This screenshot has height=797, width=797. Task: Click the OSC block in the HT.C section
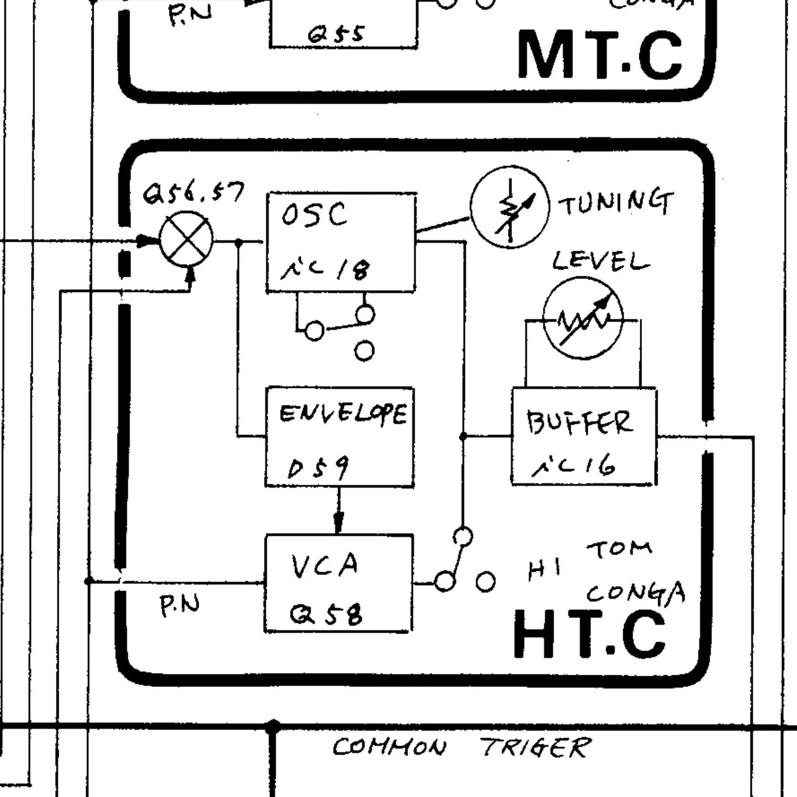click(341, 242)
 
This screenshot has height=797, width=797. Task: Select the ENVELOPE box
click(340, 437)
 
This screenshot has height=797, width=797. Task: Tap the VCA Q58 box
click(339, 583)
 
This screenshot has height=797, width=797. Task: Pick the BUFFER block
click(584, 437)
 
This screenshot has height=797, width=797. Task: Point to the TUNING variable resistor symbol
click(510, 207)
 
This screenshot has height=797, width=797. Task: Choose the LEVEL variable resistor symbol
click(583, 319)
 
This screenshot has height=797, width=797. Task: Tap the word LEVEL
click(601, 261)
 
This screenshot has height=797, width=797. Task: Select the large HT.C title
click(590, 634)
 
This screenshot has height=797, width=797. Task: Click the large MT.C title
click(599, 55)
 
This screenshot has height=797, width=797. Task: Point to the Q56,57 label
click(193, 193)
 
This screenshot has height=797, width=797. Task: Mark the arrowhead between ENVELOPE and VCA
click(339, 522)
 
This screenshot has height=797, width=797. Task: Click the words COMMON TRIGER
click(461, 748)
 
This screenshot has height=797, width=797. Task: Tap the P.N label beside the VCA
click(179, 605)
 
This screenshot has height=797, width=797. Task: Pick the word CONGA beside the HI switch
click(635, 593)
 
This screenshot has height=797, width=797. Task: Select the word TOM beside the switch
click(619, 550)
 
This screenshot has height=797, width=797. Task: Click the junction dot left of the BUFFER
click(463, 437)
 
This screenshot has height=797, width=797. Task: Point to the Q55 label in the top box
click(336, 35)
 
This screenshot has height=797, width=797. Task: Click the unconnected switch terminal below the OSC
click(364, 350)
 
